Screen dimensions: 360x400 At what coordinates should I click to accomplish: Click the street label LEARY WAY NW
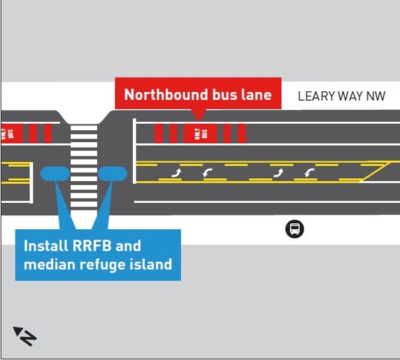341,96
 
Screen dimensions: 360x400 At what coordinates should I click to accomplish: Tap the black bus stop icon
294,229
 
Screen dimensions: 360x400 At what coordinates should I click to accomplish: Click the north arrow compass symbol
25,335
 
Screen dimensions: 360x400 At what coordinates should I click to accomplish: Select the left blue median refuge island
56,173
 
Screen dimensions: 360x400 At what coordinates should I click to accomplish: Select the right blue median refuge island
112,173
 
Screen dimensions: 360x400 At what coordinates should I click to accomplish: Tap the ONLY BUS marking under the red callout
201,133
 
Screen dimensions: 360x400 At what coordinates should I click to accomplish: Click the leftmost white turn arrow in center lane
177,173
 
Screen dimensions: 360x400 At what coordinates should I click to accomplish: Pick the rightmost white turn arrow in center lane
309,173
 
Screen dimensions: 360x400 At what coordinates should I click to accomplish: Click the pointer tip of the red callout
198,118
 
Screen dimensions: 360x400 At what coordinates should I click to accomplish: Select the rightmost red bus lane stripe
241,133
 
